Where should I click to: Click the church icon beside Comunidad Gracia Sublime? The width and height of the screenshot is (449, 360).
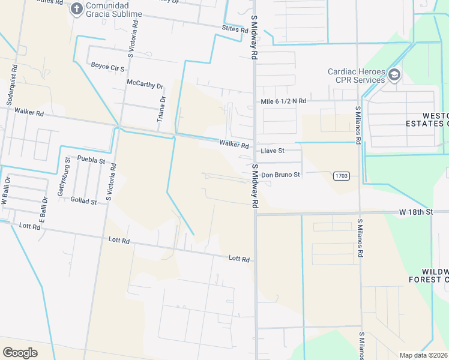point(76,8)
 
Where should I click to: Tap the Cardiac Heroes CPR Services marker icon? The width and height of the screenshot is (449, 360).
point(394,75)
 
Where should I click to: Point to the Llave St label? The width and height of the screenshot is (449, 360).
point(272,151)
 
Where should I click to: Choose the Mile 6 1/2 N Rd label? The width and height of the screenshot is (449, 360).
point(283,101)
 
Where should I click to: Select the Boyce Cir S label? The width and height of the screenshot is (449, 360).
point(107,65)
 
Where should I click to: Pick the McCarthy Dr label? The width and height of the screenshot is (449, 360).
point(145,85)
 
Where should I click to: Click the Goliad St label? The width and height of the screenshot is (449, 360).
point(83,202)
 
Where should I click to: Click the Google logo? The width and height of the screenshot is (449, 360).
point(20,352)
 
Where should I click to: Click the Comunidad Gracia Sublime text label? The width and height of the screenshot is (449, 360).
point(114,9)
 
